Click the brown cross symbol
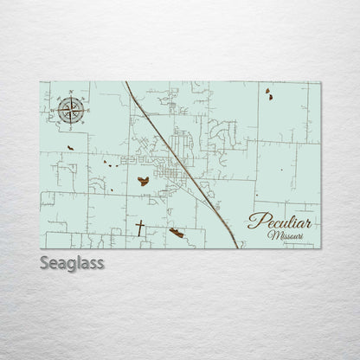[x=139, y=228]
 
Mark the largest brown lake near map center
[x=143, y=181]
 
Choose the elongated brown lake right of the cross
[x=177, y=232]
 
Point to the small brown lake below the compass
[x=68, y=149]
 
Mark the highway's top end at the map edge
[x=125, y=83]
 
